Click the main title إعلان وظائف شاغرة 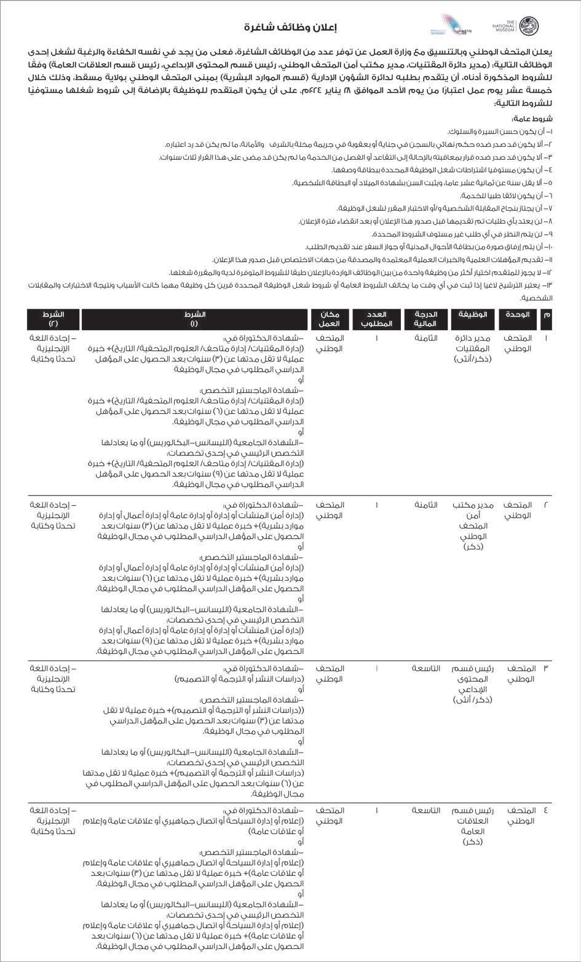[290, 27]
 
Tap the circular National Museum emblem [528, 26]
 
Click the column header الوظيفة [473, 315]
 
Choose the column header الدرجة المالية [422, 319]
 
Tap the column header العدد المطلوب [377, 319]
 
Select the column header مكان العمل [330, 319]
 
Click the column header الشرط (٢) [53, 319]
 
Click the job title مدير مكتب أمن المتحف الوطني [473, 526]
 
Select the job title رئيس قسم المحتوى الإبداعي [473, 684]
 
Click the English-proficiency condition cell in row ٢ [53, 515]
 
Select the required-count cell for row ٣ [377, 668]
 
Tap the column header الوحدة [517, 315]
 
